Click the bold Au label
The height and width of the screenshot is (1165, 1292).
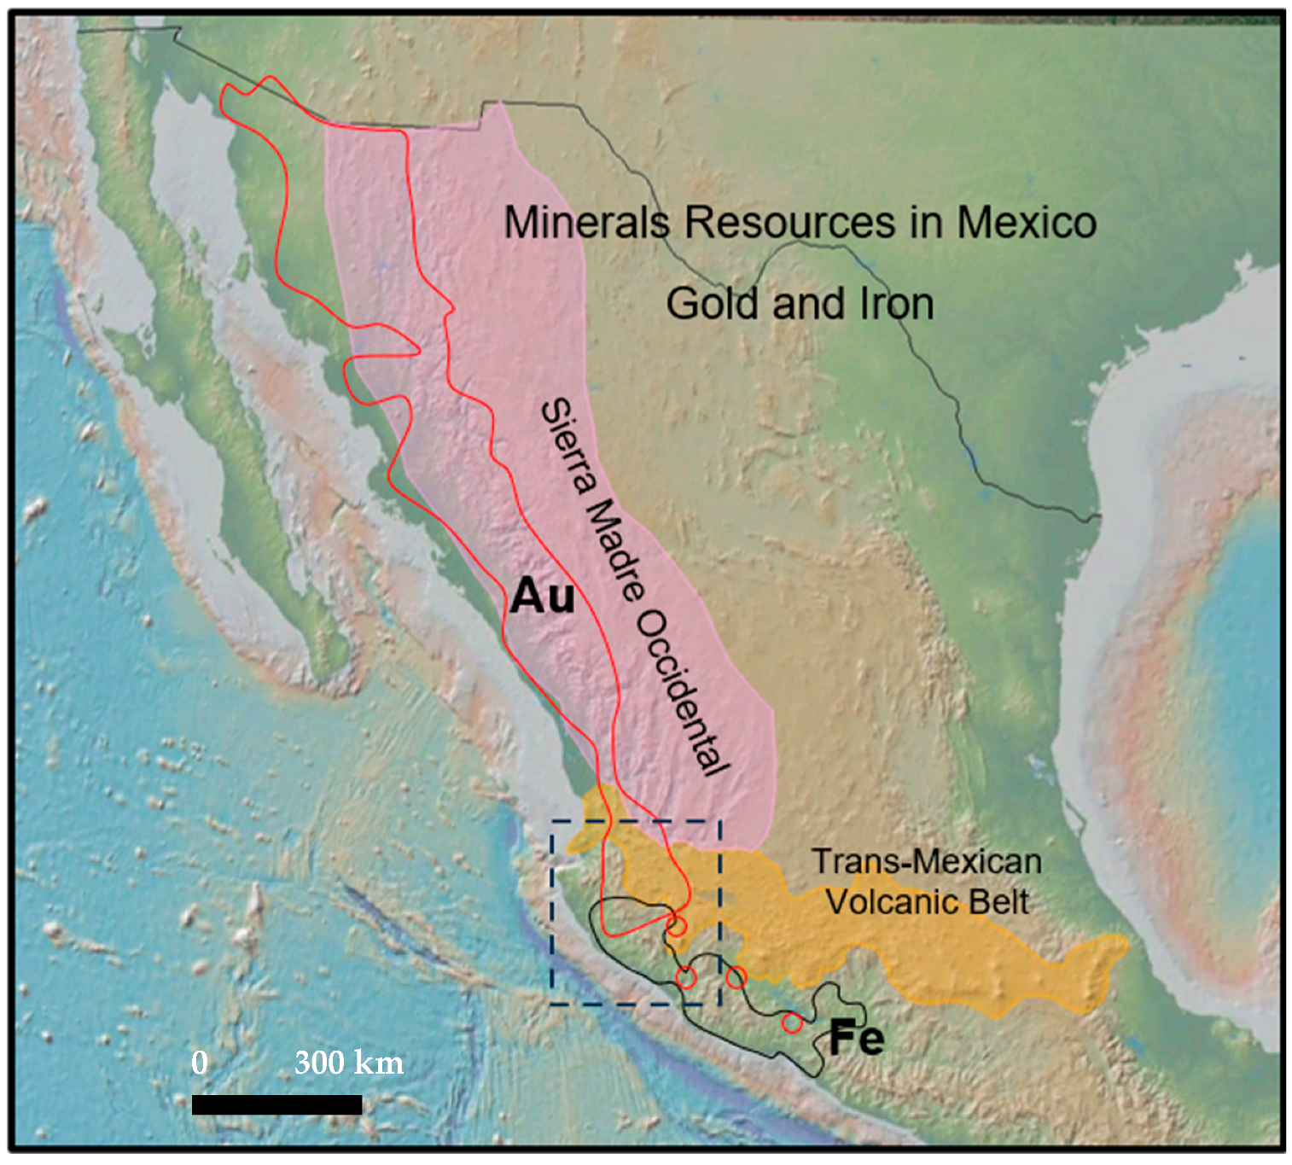[542, 596]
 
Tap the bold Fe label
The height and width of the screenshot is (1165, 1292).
[856, 1039]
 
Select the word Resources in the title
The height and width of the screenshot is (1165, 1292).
[789, 223]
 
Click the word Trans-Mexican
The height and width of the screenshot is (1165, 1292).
[926, 862]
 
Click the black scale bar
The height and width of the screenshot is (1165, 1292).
[276, 1104]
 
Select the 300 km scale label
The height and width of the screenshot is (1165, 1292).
[349, 1063]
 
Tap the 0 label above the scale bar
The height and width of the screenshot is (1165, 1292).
[200, 1063]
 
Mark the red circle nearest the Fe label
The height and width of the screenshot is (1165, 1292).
[792, 1022]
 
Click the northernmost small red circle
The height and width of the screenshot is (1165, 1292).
[676, 926]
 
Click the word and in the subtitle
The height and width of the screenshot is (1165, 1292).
[807, 304]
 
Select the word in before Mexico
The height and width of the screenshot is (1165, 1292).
[926, 223]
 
